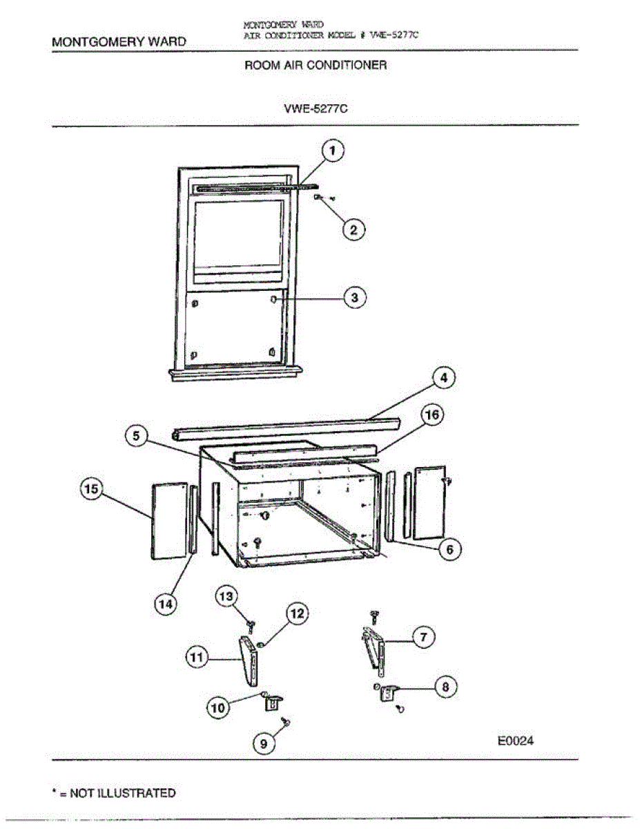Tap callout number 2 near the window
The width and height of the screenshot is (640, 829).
pos(354,230)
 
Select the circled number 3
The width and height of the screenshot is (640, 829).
pos(355,298)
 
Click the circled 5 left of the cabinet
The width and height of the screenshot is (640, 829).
pos(137,436)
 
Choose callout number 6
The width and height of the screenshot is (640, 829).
pos(449,550)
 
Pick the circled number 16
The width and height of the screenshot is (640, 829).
pos(433,416)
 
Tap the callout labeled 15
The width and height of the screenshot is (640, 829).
pos(92,490)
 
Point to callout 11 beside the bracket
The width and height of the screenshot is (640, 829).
pos(197,658)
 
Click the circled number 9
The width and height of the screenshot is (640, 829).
pos(263,743)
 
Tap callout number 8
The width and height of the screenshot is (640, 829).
pos(445,687)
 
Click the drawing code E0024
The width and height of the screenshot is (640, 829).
pos(516,741)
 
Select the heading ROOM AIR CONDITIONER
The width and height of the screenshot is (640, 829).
pos(316,66)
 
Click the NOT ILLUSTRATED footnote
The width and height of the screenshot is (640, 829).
pos(115,793)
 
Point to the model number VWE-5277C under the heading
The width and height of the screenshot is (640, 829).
pos(316,108)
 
